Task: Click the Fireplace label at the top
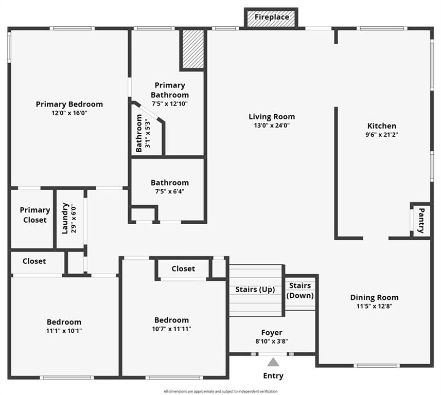272,17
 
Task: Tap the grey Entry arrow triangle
273,363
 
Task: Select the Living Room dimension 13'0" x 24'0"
272,125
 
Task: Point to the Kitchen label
381,126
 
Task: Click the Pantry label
421,221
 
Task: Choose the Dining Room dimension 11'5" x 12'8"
374,306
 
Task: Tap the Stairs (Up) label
256,290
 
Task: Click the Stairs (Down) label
300,291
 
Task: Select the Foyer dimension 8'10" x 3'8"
271,341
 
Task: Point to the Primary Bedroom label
69,104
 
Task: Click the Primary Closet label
35,215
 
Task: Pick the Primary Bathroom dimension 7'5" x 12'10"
169,103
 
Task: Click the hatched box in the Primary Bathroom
193,49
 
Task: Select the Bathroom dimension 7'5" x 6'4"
169,191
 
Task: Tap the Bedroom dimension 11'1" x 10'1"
64,331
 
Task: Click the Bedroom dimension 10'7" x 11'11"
172,329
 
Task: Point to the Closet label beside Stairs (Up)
183,268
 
